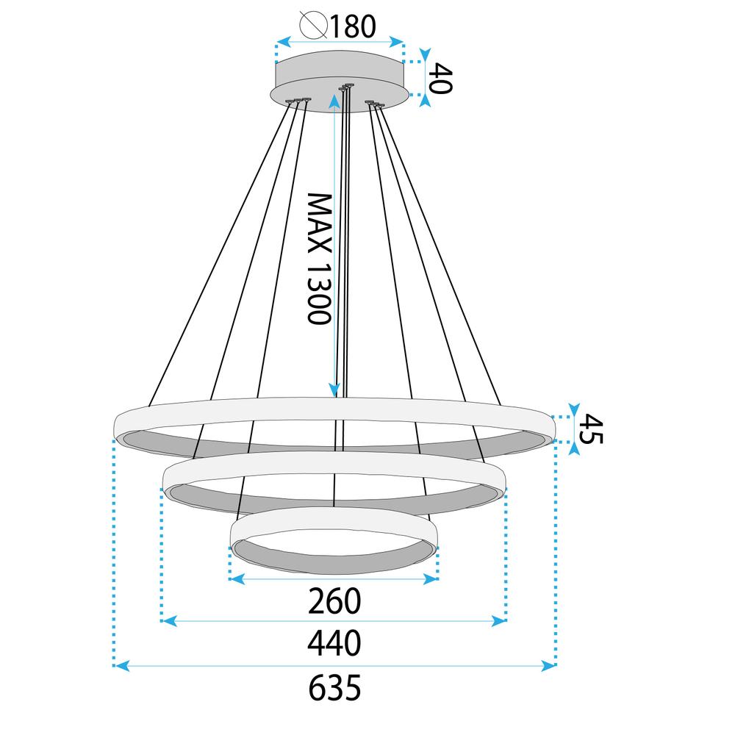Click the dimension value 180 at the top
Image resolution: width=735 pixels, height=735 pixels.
click(351, 26)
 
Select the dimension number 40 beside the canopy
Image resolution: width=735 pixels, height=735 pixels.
click(441, 78)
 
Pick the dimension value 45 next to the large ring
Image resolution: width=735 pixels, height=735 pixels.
click(591, 430)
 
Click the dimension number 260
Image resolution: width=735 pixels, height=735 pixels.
click(335, 601)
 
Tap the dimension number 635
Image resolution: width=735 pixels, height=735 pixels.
click(335, 689)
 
